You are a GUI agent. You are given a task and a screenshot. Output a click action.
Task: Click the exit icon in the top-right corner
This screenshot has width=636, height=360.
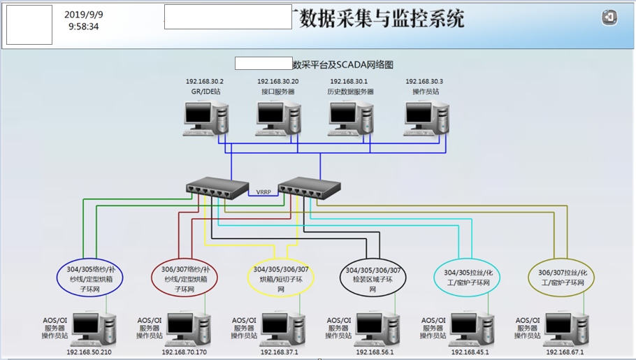point(609,18)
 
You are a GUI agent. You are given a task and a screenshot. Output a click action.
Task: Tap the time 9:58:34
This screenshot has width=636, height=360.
point(84,27)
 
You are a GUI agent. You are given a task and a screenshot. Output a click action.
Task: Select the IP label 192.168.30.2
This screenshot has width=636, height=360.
point(205,82)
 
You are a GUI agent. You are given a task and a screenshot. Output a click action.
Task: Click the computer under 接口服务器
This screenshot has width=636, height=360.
point(278,117)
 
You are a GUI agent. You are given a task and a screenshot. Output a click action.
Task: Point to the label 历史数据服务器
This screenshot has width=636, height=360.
point(351,92)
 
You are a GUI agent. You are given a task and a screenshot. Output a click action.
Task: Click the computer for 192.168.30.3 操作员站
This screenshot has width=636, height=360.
point(425,117)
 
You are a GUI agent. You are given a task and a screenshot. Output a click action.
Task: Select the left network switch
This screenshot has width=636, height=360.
point(217,187)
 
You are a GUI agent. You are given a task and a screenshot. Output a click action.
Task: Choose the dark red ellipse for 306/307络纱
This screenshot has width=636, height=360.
point(185,279)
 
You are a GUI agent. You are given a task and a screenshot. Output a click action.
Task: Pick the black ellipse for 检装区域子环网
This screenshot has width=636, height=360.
point(373,279)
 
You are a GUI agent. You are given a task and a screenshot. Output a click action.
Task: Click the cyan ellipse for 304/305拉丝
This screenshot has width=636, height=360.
point(468,278)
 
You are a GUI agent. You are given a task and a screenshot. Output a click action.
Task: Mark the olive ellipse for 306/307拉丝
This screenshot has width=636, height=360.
point(563,278)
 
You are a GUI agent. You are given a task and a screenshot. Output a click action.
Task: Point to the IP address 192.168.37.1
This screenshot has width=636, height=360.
point(279,352)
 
